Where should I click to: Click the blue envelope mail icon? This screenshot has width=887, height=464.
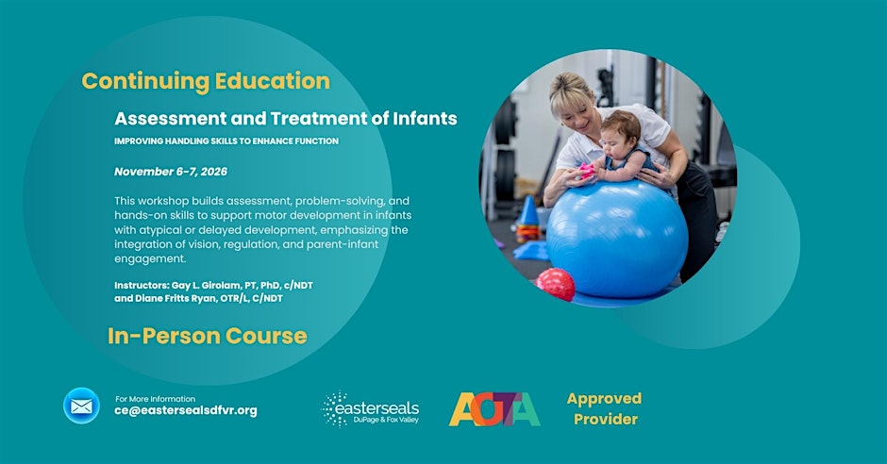pos(81,406)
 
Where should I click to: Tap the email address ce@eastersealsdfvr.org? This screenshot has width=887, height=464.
pos(186,411)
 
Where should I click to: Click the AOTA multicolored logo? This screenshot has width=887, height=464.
pos(494,409)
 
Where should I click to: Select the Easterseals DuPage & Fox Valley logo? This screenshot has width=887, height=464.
pos(371,408)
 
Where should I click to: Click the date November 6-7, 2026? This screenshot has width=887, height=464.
pos(171,172)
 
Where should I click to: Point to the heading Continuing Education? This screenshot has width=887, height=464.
pos(206,81)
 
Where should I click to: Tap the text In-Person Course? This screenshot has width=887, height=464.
pos(208,336)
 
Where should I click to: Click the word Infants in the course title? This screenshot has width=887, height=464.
pos(425,118)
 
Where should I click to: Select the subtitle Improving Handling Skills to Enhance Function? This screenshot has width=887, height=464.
pos(226,141)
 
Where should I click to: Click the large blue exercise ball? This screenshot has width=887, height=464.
pos(617,238)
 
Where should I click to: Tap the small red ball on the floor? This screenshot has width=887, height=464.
pos(556,284)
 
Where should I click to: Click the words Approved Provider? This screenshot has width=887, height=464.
pos(605,408)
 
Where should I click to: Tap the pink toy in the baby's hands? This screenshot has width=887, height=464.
pos(587,171)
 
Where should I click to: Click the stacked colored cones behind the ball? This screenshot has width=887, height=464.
pos(527,221)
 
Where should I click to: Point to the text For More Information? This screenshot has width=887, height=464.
pos(155,399)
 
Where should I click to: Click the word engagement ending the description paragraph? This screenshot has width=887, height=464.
pos(150,259)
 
